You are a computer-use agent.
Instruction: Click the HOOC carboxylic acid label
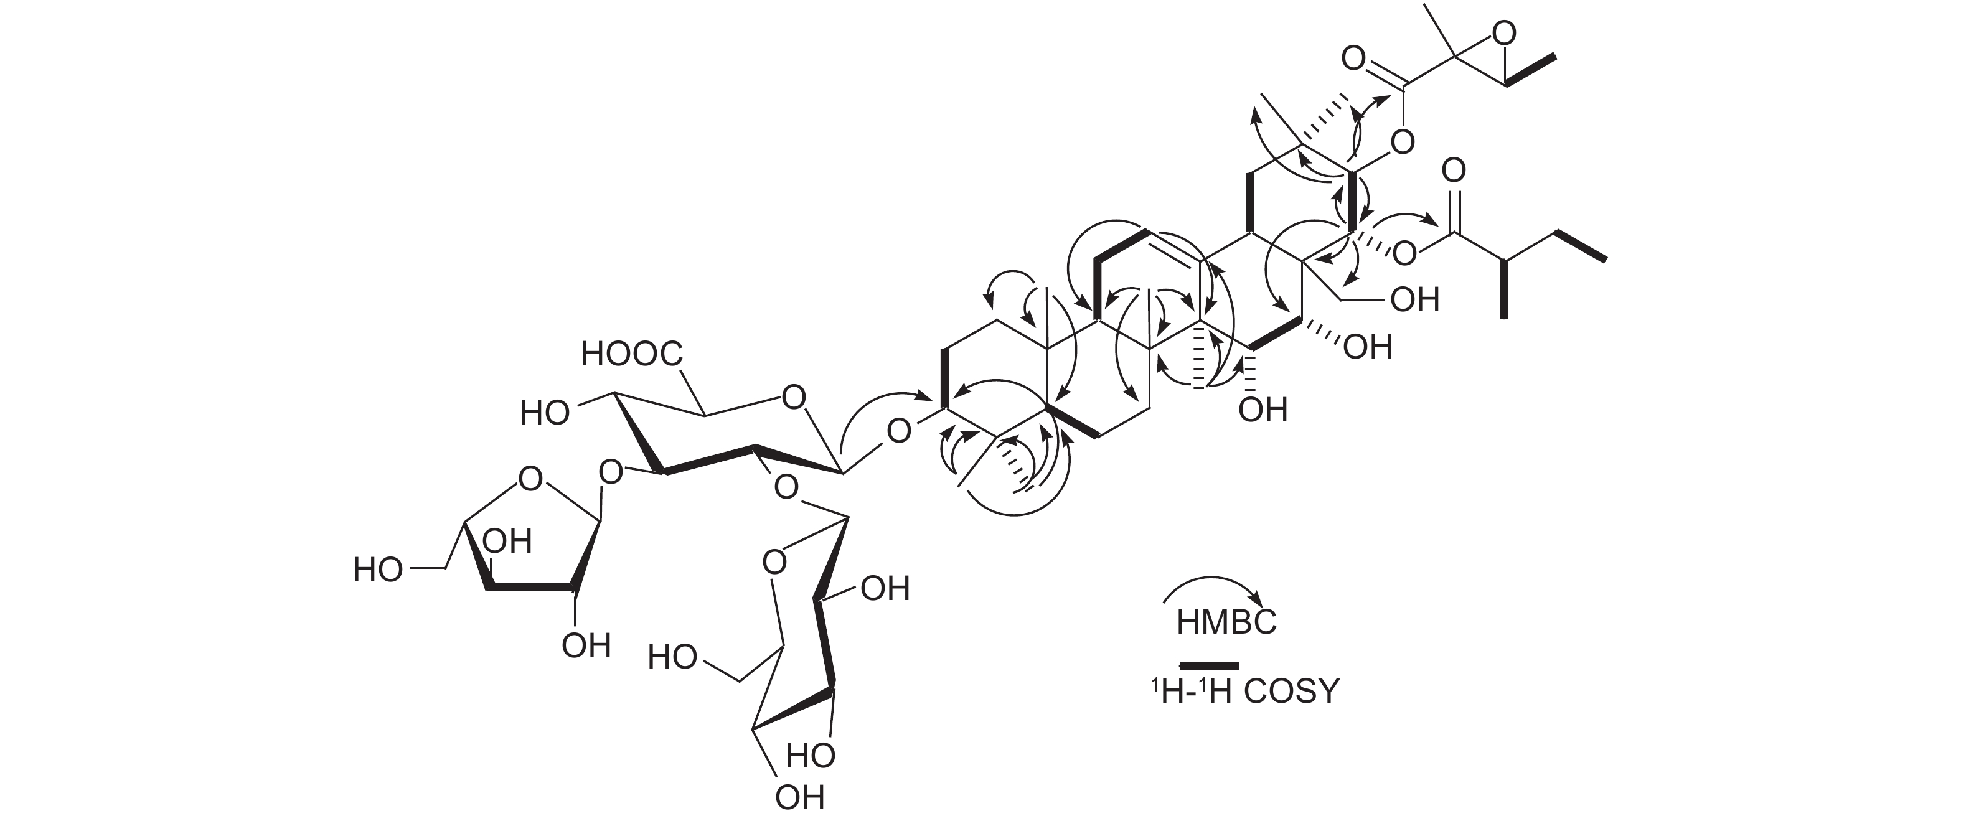tap(631, 354)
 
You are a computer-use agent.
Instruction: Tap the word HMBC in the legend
tap(1226, 622)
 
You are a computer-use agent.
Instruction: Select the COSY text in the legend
tap(1291, 691)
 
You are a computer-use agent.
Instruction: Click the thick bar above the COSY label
tap(1209, 666)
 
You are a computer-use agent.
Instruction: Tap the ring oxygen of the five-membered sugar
tap(530, 479)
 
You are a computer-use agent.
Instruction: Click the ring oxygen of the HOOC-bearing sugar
tap(793, 396)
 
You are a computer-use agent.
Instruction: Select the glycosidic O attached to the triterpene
tap(899, 431)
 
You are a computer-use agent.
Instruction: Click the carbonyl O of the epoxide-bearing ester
tap(1353, 59)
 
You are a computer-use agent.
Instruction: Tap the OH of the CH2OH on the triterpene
tap(1414, 300)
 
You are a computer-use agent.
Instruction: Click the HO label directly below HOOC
tap(545, 413)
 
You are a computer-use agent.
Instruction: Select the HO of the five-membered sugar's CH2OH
tap(378, 570)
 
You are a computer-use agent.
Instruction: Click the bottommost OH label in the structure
tap(800, 797)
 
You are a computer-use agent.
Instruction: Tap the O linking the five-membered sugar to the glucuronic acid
tap(611, 472)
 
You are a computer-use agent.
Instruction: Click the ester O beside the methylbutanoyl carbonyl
tap(1404, 253)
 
